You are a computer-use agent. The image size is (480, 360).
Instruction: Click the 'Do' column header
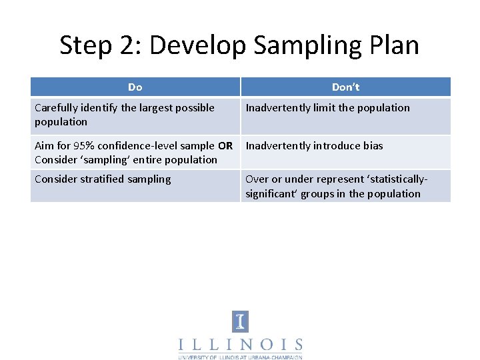point(135,87)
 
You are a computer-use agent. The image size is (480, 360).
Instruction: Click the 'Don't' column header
point(345,87)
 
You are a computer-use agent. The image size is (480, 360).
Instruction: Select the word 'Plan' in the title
point(394,45)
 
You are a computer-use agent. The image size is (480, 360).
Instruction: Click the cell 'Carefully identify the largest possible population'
point(125,115)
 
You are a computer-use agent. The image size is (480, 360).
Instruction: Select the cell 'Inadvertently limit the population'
point(327,108)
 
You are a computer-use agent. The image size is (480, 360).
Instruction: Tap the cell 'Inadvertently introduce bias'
point(314,146)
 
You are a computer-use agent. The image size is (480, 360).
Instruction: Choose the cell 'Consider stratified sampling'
point(103,179)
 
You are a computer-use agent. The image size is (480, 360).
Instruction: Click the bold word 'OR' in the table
point(225,146)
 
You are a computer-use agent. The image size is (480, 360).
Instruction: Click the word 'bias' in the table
point(372,146)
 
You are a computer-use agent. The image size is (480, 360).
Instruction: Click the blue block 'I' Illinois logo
point(240,321)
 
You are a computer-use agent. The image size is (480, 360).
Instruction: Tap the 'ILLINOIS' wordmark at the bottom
point(240,345)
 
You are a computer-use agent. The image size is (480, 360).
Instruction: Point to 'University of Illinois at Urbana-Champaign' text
point(240,357)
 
